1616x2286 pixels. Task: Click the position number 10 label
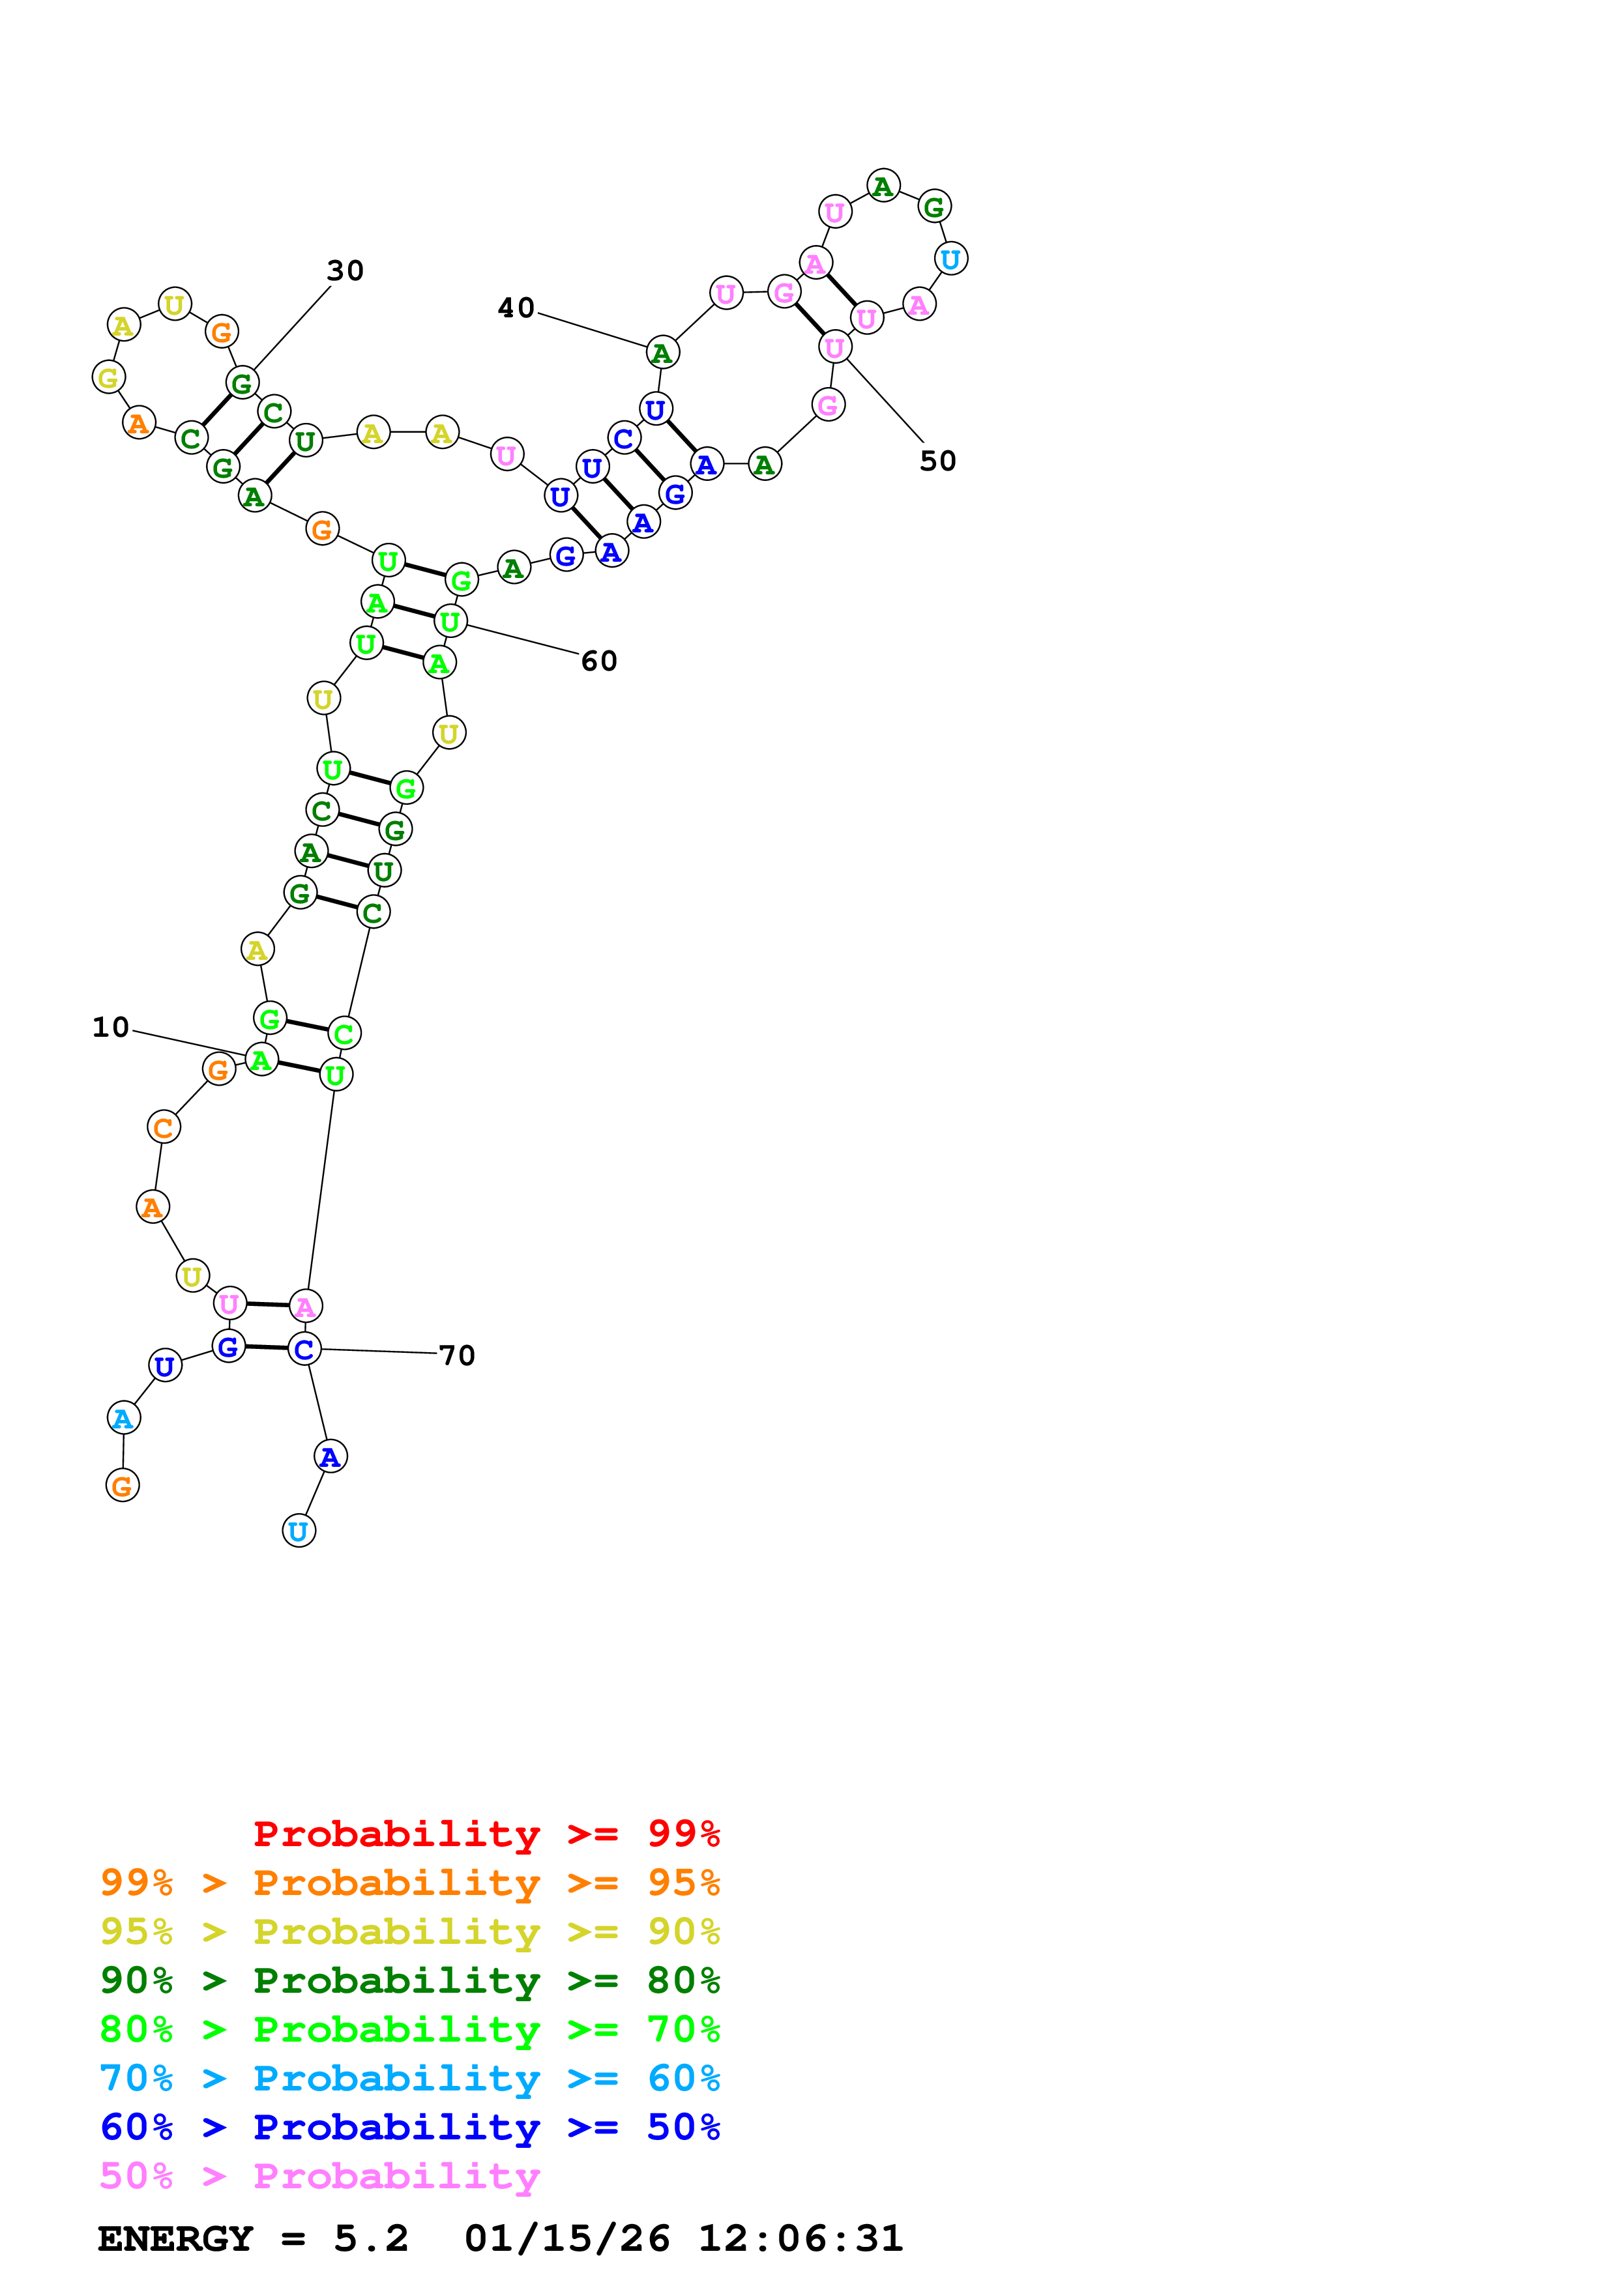coord(111,1028)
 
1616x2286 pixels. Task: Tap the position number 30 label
coord(345,271)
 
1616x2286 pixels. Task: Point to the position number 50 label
coord(937,461)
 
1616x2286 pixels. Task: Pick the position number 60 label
coord(598,661)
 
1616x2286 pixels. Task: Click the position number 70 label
coord(457,1355)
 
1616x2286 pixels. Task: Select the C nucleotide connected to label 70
coord(304,1349)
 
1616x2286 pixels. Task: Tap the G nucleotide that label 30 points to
coord(242,383)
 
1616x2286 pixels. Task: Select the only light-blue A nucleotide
coord(123,1419)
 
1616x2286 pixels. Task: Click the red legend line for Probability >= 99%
coord(486,1834)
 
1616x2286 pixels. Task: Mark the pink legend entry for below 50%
coord(319,2175)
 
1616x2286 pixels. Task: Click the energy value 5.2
coord(370,2239)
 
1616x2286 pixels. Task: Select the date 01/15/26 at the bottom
coord(566,2239)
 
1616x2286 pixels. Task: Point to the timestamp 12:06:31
coord(801,2239)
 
